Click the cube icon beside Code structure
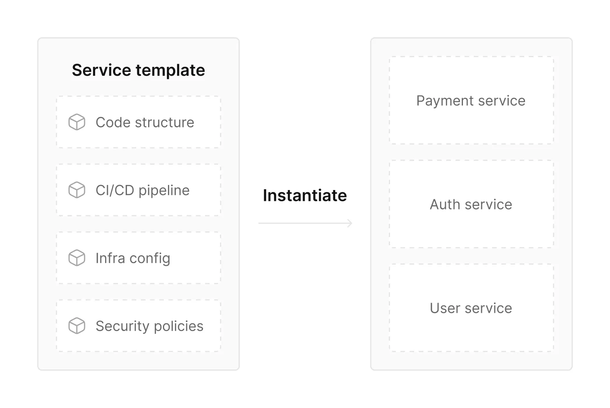(x=77, y=122)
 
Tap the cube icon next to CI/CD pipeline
(x=77, y=190)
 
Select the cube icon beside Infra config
(x=77, y=258)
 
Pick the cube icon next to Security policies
(x=77, y=326)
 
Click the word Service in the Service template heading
(x=101, y=70)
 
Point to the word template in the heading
(x=170, y=71)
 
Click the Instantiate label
(x=305, y=195)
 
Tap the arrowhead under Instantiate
(x=350, y=223)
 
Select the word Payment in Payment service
(x=445, y=101)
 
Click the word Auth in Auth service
(x=445, y=204)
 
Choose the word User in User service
(x=445, y=308)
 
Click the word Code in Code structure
(x=113, y=122)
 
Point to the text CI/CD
(x=115, y=190)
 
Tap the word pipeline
(x=164, y=191)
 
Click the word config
(x=150, y=258)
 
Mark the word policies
(x=178, y=326)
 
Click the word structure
(x=165, y=122)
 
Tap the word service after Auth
(x=489, y=204)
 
